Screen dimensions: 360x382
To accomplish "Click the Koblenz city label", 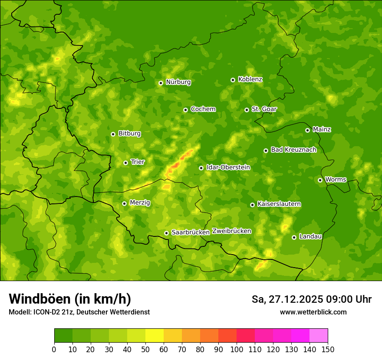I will pyautogui.click(x=250, y=79).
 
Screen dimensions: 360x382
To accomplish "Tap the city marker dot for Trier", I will pyautogui.click(x=126, y=163).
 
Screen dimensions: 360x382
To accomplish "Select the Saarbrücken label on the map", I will pyautogui.click(x=191, y=232).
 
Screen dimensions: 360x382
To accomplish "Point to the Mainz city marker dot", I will pyautogui.click(x=307, y=130).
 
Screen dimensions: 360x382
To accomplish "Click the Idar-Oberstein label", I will pyautogui.click(x=228, y=167).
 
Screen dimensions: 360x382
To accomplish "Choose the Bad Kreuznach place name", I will pyautogui.click(x=293, y=150).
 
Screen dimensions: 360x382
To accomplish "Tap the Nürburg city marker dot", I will pyautogui.click(x=161, y=83).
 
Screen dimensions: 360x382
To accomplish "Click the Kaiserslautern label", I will pyautogui.click(x=279, y=204).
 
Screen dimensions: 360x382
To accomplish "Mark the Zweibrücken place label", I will pyautogui.click(x=231, y=231).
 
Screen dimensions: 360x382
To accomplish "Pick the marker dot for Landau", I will pyautogui.click(x=294, y=237).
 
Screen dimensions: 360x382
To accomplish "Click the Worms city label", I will pyautogui.click(x=336, y=179).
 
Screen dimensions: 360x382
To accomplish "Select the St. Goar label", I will pyautogui.click(x=264, y=109).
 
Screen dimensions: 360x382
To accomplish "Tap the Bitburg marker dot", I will pyautogui.click(x=113, y=134).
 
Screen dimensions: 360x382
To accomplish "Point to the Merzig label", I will pyautogui.click(x=140, y=203).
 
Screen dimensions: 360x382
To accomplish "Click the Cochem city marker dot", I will pyautogui.click(x=185, y=110).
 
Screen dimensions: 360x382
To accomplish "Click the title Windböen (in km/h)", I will pyautogui.click(x=70, y=299).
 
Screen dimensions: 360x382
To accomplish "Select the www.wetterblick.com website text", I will pyautogui.click(x=313, y=312).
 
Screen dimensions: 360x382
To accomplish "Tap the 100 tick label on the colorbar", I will pyautogui.click(x=237, y=349).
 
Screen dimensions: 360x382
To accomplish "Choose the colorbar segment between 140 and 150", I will pyautogui.click(x=319, y=336).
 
